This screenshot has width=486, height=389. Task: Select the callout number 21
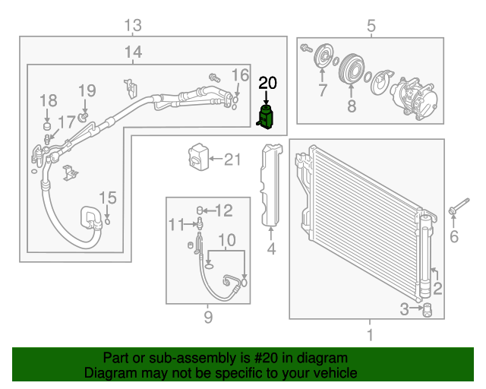coord(232,160)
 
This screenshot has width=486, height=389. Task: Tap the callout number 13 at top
coord(133,26)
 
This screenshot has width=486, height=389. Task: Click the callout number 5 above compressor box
coord(371,27)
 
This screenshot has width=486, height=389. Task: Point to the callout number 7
coord(322,91)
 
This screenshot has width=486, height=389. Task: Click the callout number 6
coord(454,238)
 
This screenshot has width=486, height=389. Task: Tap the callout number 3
coord(405,308)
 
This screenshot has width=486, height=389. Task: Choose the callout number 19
coord(87,90)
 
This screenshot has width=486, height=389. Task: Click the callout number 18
coord(48,100)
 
